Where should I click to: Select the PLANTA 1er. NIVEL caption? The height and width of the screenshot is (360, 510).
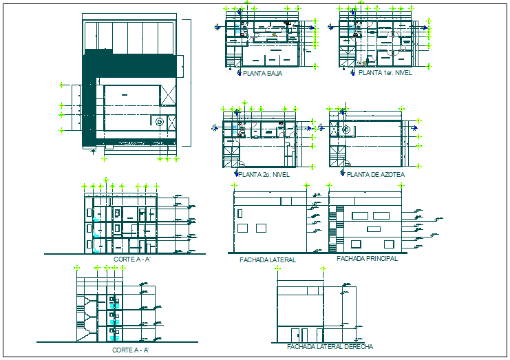[385, 72]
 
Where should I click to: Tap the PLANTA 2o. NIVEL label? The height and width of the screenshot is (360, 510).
[264, 175]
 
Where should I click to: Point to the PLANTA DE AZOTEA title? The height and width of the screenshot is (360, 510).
[376, 175]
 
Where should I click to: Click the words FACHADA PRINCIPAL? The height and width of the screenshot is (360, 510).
[367, 259]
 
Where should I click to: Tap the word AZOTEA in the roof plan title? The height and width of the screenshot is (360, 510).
[392, 175]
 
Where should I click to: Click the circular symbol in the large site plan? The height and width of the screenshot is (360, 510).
[160, 122]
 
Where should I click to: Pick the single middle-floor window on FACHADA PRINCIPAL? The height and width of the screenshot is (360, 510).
[374, 229]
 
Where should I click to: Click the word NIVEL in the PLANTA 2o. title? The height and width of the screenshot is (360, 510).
[279, 175]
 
